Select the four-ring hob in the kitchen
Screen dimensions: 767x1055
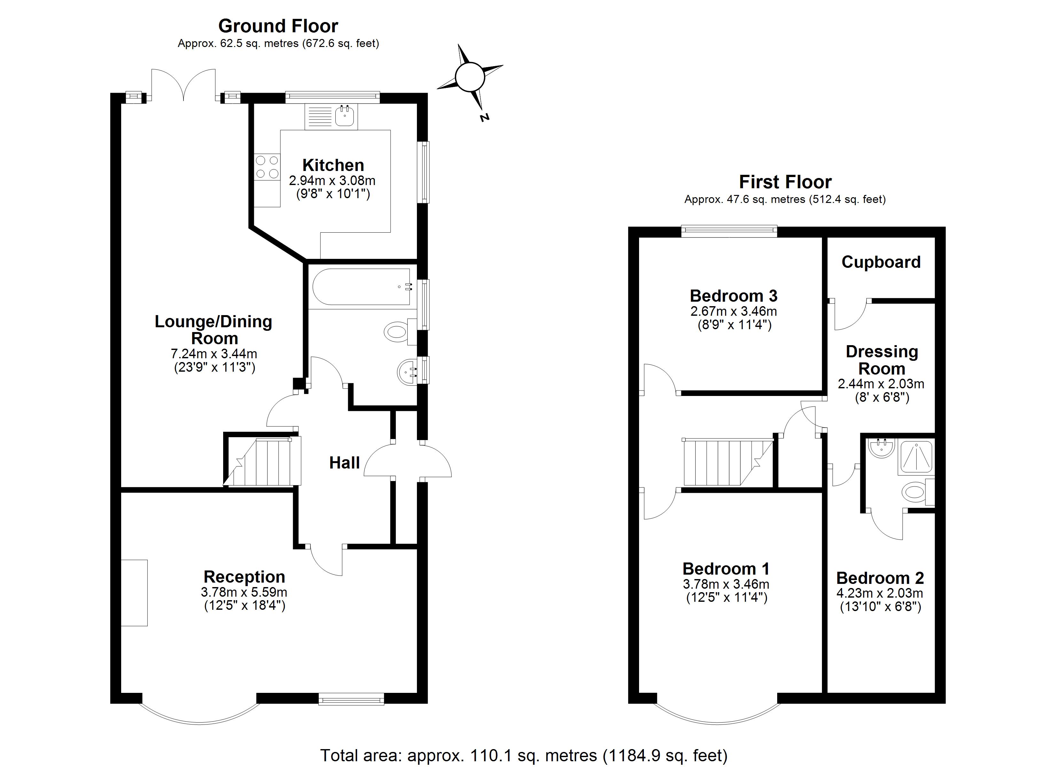click(x=267, y=167)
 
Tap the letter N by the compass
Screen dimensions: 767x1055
click(x=484, y=117)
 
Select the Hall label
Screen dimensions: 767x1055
click(x=344, y=463)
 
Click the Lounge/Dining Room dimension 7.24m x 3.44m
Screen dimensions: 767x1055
click(x=214, y=353)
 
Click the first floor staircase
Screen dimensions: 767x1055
click(x=726, y=462)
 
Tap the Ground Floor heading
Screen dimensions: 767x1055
click(x=278, y=26)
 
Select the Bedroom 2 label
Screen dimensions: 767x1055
click(x=879, y=578)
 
